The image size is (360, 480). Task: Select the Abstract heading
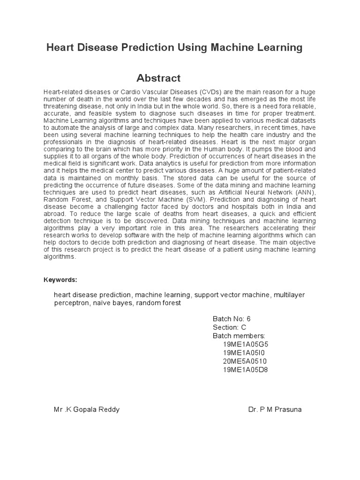[158, 78]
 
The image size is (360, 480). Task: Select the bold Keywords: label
[60, 280]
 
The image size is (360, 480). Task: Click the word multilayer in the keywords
[289, 295]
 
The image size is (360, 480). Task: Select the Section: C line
[229, 327]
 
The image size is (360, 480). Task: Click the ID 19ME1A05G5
[246, 344]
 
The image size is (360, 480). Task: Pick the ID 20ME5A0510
[245, 361]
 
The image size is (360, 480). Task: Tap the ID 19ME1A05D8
[246, 370]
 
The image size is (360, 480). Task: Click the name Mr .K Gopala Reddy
[87, 409]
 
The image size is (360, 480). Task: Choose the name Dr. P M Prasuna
[275, 409]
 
